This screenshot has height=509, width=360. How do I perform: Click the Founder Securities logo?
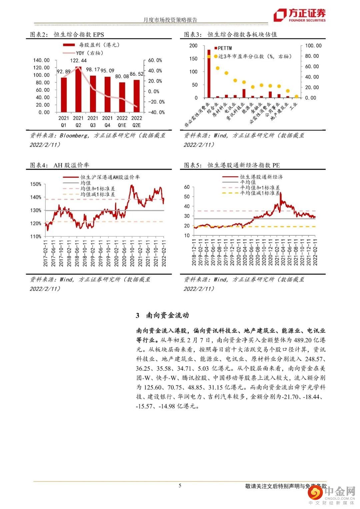[x=299, y=15]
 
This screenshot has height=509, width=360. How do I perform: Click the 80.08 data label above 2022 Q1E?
[x=122, y=77]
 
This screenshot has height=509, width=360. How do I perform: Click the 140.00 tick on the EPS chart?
[x=41, y=60]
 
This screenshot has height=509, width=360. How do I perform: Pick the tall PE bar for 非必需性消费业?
[x=209, y=73]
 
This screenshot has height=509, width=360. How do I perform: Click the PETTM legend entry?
[x=225, y=48]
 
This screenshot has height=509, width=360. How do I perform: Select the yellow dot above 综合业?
[x=217, y=68]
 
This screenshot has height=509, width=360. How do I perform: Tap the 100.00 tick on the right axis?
[x=313, y=46]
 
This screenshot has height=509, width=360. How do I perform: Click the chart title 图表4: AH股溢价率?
[x=60, y=165]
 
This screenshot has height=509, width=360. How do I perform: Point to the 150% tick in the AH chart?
[x=35, y=184]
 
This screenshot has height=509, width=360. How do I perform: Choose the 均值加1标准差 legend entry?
[x=97, y=188]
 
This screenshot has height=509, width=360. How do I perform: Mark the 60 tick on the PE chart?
[x=187, y=187]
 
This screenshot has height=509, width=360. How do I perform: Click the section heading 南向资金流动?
[x=167, y=315]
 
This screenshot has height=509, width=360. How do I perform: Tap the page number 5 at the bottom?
[x=180, y=485]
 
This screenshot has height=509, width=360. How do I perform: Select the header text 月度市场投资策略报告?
[x=170, y=20]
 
